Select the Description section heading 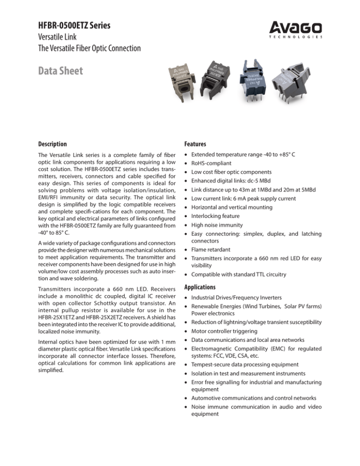click(53, 144)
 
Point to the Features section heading click(199, 144)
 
